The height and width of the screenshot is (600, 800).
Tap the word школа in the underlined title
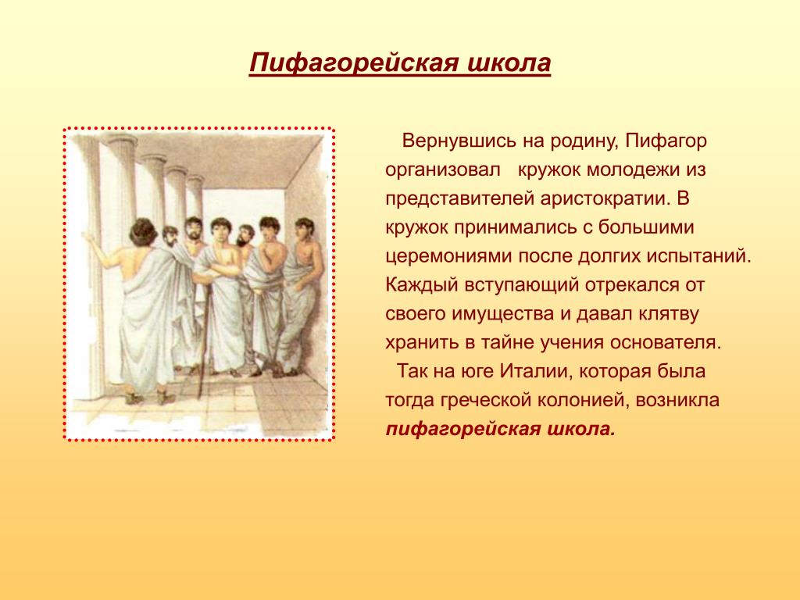[x=509, y=62]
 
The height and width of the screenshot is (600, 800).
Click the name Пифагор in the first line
[x=666, y=141]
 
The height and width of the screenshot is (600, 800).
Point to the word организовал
[x=443, y=170]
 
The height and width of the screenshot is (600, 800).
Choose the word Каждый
[x=422, y=284]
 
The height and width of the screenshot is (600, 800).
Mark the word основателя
[x=666, y=342]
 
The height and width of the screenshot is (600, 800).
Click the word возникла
[x=677, y=400]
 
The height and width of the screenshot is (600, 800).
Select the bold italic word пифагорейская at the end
[x=462, y=429]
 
